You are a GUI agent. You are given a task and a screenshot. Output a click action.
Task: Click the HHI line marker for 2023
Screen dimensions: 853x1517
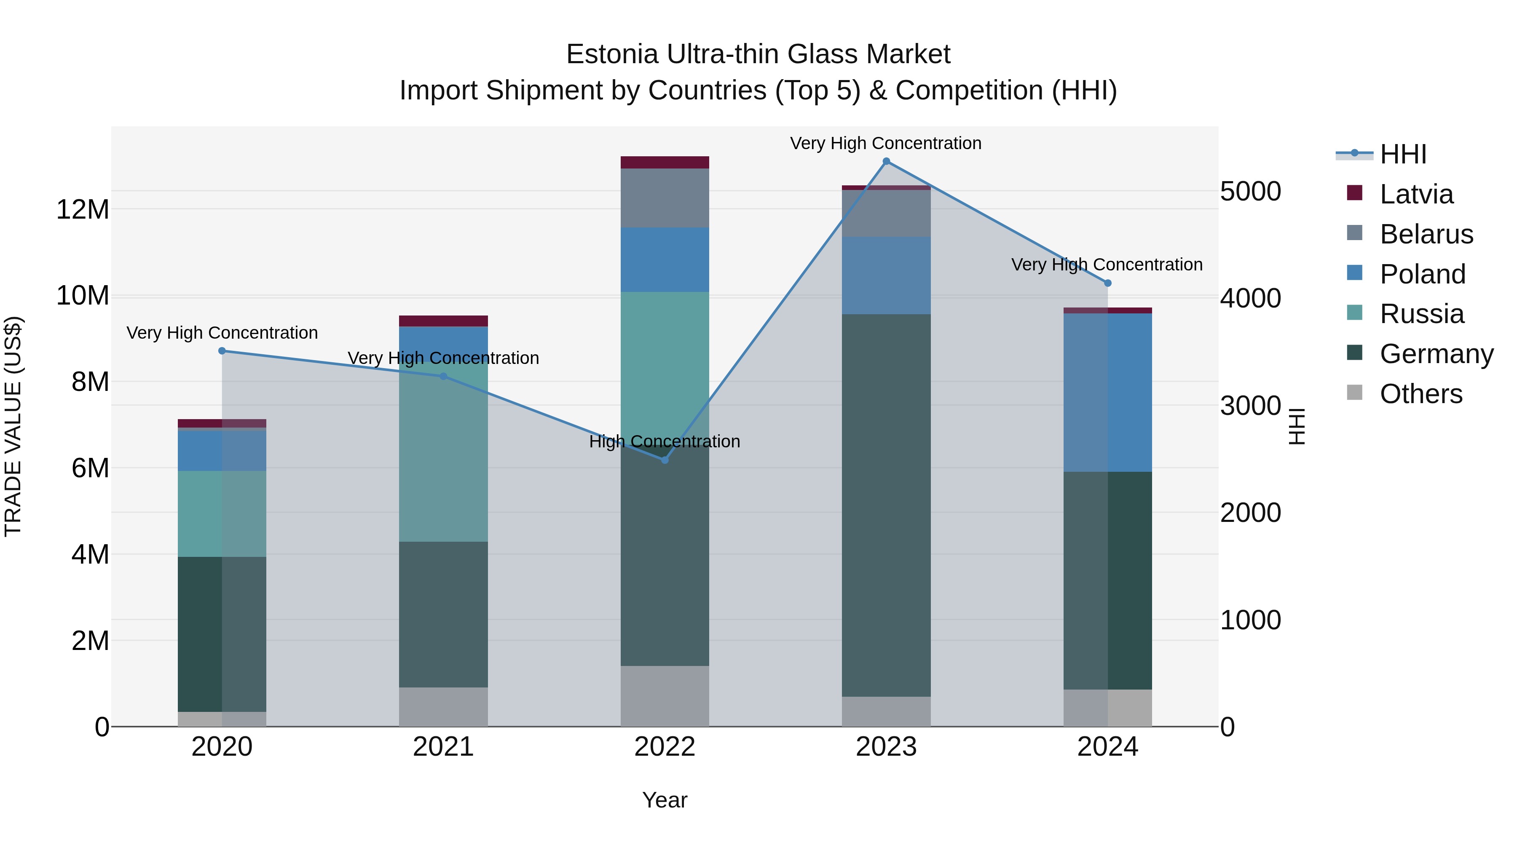(x=886, y=161)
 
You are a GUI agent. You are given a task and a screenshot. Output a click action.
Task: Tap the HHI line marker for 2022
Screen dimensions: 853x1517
(x=665, y=460)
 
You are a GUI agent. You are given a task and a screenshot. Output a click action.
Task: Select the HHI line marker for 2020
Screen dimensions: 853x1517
(x=222, y=351)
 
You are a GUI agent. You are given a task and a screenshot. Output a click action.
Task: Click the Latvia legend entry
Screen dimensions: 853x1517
(x=1416, y=194)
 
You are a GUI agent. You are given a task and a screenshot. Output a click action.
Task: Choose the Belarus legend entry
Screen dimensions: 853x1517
(x=1426, y=234)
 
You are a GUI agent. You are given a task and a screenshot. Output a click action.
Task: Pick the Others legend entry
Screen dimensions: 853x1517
(x=1421, y=394)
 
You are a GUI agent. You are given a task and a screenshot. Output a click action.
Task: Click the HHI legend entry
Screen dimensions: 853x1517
(x=1403, y=154)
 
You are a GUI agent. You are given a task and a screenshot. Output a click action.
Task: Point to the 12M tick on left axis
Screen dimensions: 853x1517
(x=83, y=210)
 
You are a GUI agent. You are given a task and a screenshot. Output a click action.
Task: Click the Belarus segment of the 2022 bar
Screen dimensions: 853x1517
(x=665, y=198)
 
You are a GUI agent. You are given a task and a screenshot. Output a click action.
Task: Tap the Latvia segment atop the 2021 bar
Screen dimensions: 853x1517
(x=443, y=321)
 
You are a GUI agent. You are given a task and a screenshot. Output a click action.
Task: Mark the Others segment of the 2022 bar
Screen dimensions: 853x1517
(x=665, y=696)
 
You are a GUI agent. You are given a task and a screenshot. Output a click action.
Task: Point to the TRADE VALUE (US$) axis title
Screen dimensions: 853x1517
(x=13, y=426)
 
